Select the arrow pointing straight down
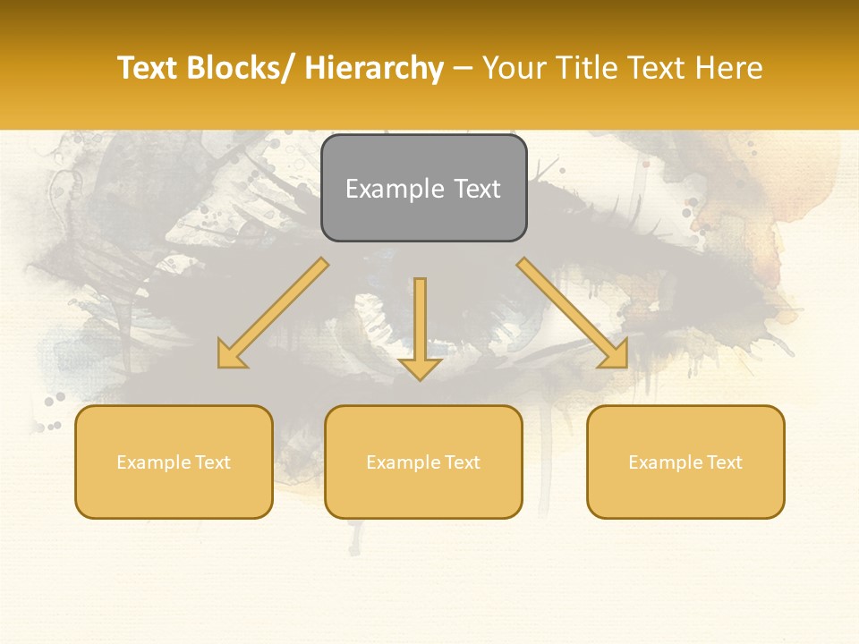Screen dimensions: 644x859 (x=420, y=322)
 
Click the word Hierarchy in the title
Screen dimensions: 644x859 (x=374, y=68)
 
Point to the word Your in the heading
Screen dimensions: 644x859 (x=515, y=68)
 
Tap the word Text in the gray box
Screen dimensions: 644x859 (x=477, y=189)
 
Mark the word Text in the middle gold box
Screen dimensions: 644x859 (x=460, y=462)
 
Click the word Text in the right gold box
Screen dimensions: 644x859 (x=722, y=462)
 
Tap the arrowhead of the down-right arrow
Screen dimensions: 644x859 (x=616, y=355)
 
